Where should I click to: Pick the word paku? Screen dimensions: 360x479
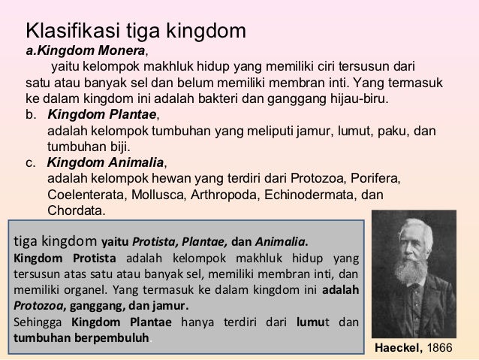pos(395,131)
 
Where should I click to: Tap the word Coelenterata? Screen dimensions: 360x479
pos(86,194)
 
